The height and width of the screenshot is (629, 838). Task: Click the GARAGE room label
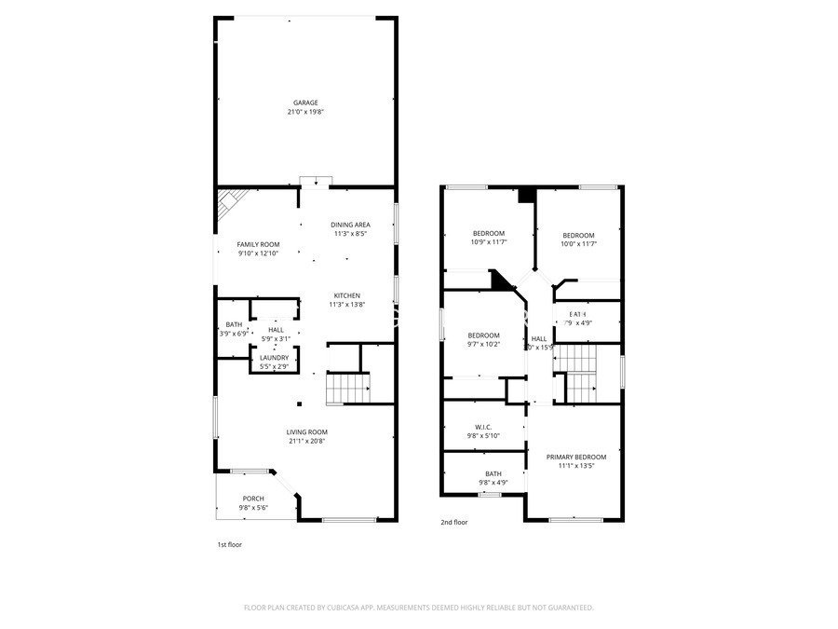click(x=306, y=103)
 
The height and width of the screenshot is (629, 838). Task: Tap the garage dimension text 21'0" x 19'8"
click(x=306, y=112)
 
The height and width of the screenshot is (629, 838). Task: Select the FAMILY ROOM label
click(x=258, y=244)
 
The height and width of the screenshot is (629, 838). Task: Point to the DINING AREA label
click(x=350, y=225)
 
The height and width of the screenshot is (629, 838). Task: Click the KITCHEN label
click(x=347, y=295)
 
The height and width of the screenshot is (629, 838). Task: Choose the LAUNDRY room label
click(x=274, y=357)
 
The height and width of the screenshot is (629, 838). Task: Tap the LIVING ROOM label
click(x=306, y=431)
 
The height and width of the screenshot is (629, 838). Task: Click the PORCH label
click(x=253, y=499)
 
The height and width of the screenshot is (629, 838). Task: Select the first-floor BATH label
click(x=233, y=324)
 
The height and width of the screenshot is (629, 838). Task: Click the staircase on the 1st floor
click(x=347, y=388)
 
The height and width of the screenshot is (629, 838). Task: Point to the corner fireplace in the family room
click(x=229, y=205)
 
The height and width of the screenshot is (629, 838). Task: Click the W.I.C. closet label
click(x=483, y=427)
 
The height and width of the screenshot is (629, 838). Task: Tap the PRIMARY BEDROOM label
click(x=576, y=457)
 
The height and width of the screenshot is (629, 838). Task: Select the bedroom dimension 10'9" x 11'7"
click(x=488, y=242)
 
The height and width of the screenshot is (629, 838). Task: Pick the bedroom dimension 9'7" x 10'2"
click(x=483, y=344)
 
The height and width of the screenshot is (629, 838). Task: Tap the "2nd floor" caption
click(x=454, y=523)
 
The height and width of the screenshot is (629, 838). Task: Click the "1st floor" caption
click(x=229, y=544)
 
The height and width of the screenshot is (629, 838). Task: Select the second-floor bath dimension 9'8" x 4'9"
click(x=493, y=483)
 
